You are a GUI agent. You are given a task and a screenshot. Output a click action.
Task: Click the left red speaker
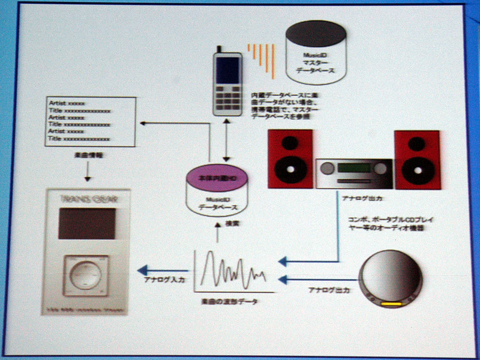point(290,158)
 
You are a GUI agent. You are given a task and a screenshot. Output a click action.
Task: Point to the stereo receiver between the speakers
point(354,174)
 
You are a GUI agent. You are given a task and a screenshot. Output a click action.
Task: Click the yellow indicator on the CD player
point(391,304)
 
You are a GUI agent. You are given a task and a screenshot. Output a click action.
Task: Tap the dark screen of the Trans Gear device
point(87,224)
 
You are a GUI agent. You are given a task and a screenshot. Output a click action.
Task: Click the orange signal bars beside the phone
point(262,60)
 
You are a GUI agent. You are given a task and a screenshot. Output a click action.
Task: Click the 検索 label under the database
point(219,224)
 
